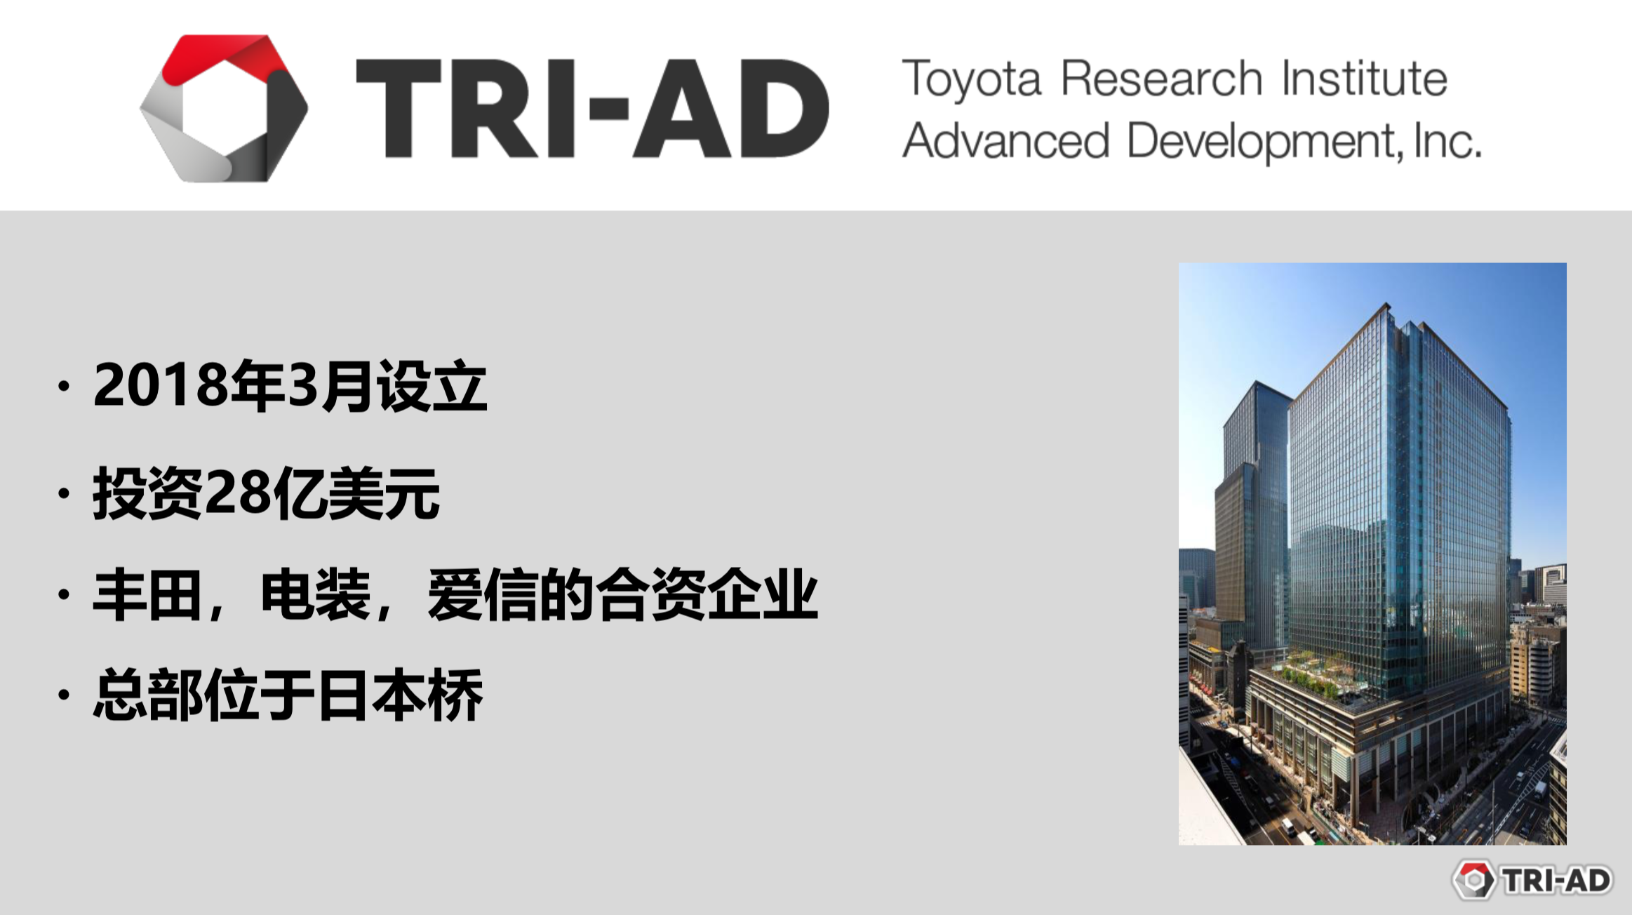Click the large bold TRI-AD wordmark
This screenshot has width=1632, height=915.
coord(593,109)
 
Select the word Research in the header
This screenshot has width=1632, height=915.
coord(1162,78)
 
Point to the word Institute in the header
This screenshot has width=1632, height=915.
coord(1365,78)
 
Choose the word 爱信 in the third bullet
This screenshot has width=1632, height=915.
coord(483,595)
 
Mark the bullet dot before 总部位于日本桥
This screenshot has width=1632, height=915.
coord(65,695)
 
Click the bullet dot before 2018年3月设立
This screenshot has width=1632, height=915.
coord(65,385)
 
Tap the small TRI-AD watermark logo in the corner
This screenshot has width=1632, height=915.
coord(1532,880)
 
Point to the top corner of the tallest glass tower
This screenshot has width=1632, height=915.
coord(1386,304)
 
